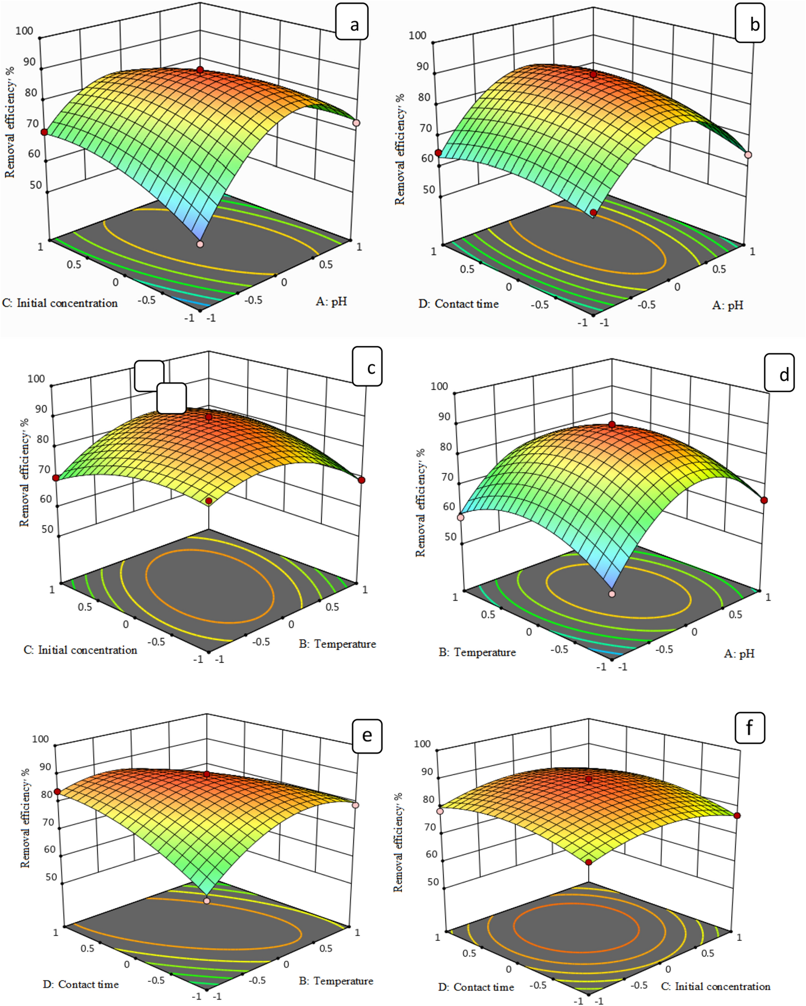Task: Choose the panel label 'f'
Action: click(x=750, y=727)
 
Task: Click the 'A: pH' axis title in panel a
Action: click(x=331, y=301)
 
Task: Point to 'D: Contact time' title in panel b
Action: click(x=458, y=304)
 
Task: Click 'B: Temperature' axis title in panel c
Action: click(x=337, y=644)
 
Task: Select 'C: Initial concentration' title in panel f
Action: click(x=715, y=986)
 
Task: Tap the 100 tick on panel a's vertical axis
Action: click(x=24, y=31)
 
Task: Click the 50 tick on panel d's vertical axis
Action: click(x=450, y=537)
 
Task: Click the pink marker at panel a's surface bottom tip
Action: click(x=200, y=244)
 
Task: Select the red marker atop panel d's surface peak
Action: click(x=612, y=424)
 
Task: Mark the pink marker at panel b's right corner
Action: click(x=748, y=155)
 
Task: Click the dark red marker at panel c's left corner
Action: click(x=56, y=478)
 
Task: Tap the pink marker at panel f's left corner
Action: click(x=439, y=812)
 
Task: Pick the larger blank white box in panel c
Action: click(x=149, y=376)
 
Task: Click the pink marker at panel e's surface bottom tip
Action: click(x=207, y=901)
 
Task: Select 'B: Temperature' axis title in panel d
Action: click(x=477, y=652)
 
